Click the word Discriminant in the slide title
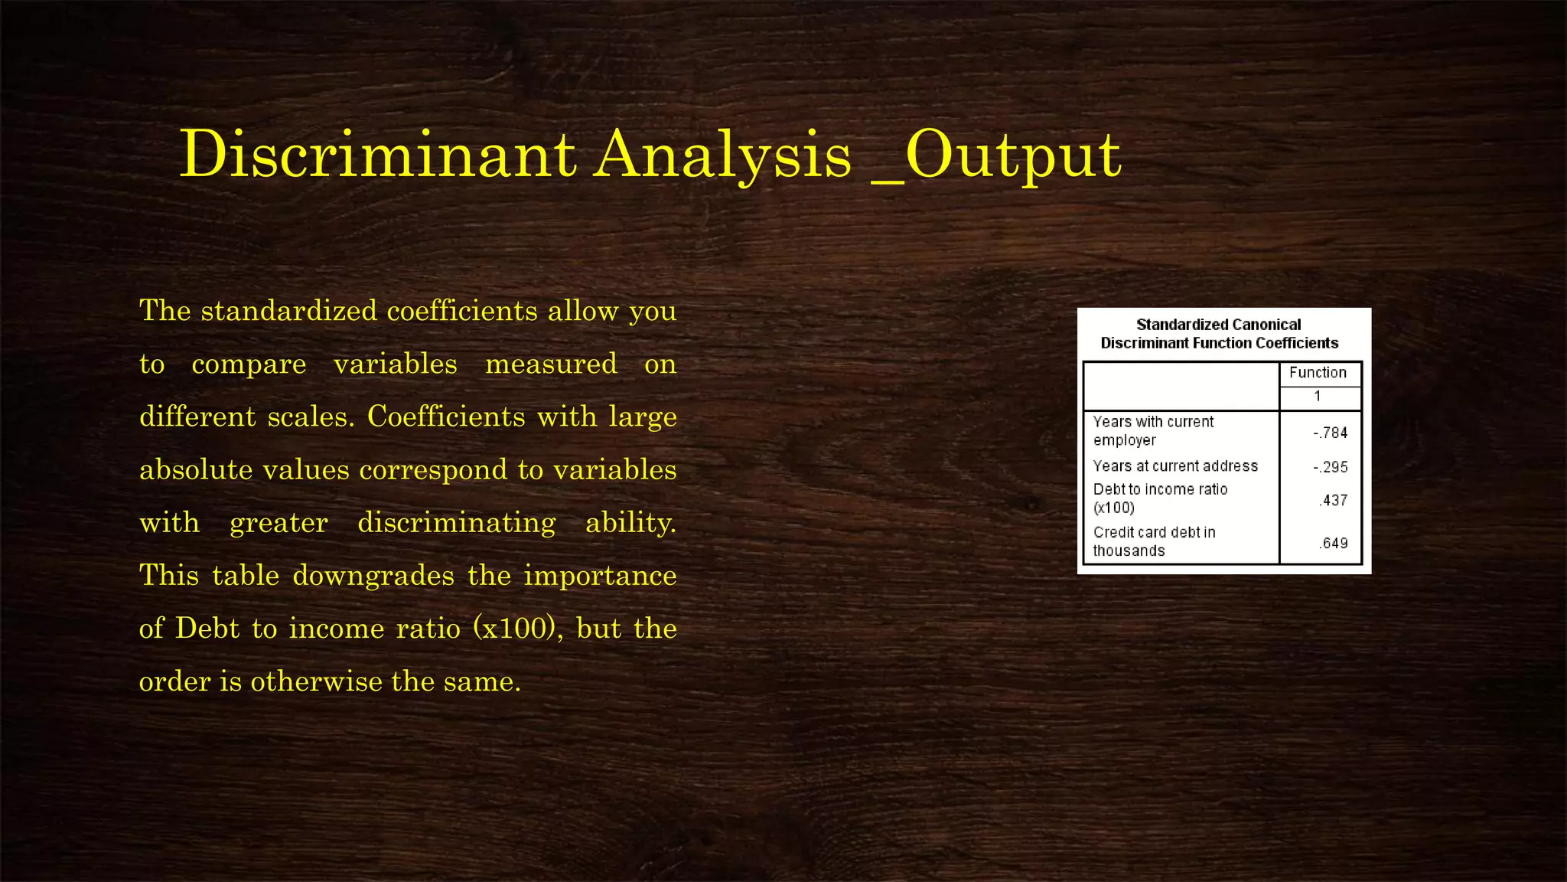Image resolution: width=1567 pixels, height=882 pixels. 377,155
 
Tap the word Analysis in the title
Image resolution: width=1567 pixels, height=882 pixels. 723,156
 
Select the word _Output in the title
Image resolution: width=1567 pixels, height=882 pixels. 997,156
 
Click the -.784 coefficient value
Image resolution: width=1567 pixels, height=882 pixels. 1331,433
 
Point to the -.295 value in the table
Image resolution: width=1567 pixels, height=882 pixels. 1331,467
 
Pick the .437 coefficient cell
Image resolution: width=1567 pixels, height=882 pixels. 1333,500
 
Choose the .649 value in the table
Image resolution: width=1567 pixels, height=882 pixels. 1333,543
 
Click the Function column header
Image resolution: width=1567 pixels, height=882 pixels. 1318,373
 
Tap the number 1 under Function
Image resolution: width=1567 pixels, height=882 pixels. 1318,397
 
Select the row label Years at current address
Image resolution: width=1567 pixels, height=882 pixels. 1175,466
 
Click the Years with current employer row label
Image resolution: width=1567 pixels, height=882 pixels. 1153,431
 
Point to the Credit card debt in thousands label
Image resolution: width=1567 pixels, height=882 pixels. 1154,541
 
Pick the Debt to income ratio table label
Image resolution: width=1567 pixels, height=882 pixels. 1160,498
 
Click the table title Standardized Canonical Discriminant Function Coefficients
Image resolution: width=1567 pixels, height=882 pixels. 1219,334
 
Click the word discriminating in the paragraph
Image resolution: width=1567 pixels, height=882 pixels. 457,523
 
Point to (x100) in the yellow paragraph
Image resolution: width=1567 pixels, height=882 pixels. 513,629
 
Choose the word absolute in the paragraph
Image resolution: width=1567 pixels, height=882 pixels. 196,470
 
